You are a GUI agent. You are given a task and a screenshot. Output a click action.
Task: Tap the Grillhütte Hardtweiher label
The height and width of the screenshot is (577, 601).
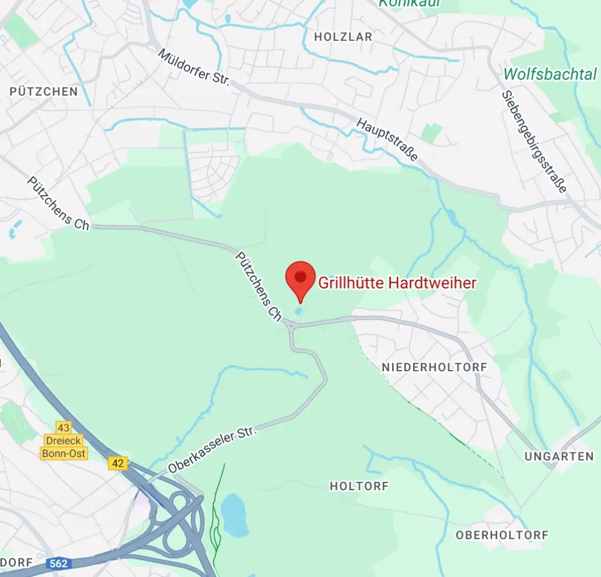coord(397,283)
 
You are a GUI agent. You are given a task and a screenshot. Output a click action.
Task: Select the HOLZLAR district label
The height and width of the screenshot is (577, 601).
coord(343,37)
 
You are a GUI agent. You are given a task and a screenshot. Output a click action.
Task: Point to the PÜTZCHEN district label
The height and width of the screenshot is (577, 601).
coord(43,91)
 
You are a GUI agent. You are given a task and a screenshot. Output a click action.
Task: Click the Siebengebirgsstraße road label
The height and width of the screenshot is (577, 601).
coord(534,142)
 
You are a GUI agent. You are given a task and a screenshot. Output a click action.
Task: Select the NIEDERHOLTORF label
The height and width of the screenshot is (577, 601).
coord(434,367)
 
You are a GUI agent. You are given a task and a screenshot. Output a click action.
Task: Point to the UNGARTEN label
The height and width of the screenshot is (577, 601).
coord(559,456)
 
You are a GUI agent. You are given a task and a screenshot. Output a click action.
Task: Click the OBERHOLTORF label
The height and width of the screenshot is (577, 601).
coord(502,535)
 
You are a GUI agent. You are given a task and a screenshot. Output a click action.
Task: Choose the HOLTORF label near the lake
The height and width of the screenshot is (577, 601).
coord(359,486)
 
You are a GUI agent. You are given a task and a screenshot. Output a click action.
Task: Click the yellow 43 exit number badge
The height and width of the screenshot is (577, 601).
coord(63,427)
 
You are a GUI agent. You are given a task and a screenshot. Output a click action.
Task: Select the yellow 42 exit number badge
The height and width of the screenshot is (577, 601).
coord(117,463)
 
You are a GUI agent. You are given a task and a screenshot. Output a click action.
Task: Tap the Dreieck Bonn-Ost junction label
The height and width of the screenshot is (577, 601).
coord(63,446)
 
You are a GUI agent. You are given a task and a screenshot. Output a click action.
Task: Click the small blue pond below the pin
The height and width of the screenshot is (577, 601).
coord(300,310)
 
